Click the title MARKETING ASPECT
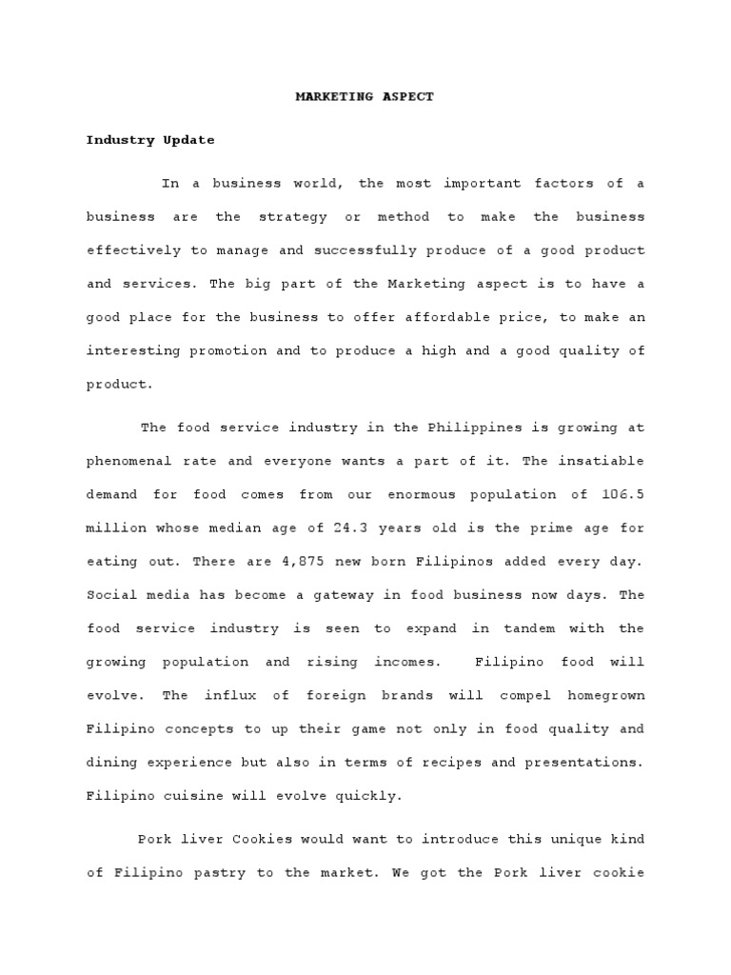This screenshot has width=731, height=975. pos(365,97)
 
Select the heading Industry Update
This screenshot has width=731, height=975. pos(150,140)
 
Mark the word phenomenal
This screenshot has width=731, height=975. pos(128,461)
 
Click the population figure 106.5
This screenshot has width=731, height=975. pos(622,495)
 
